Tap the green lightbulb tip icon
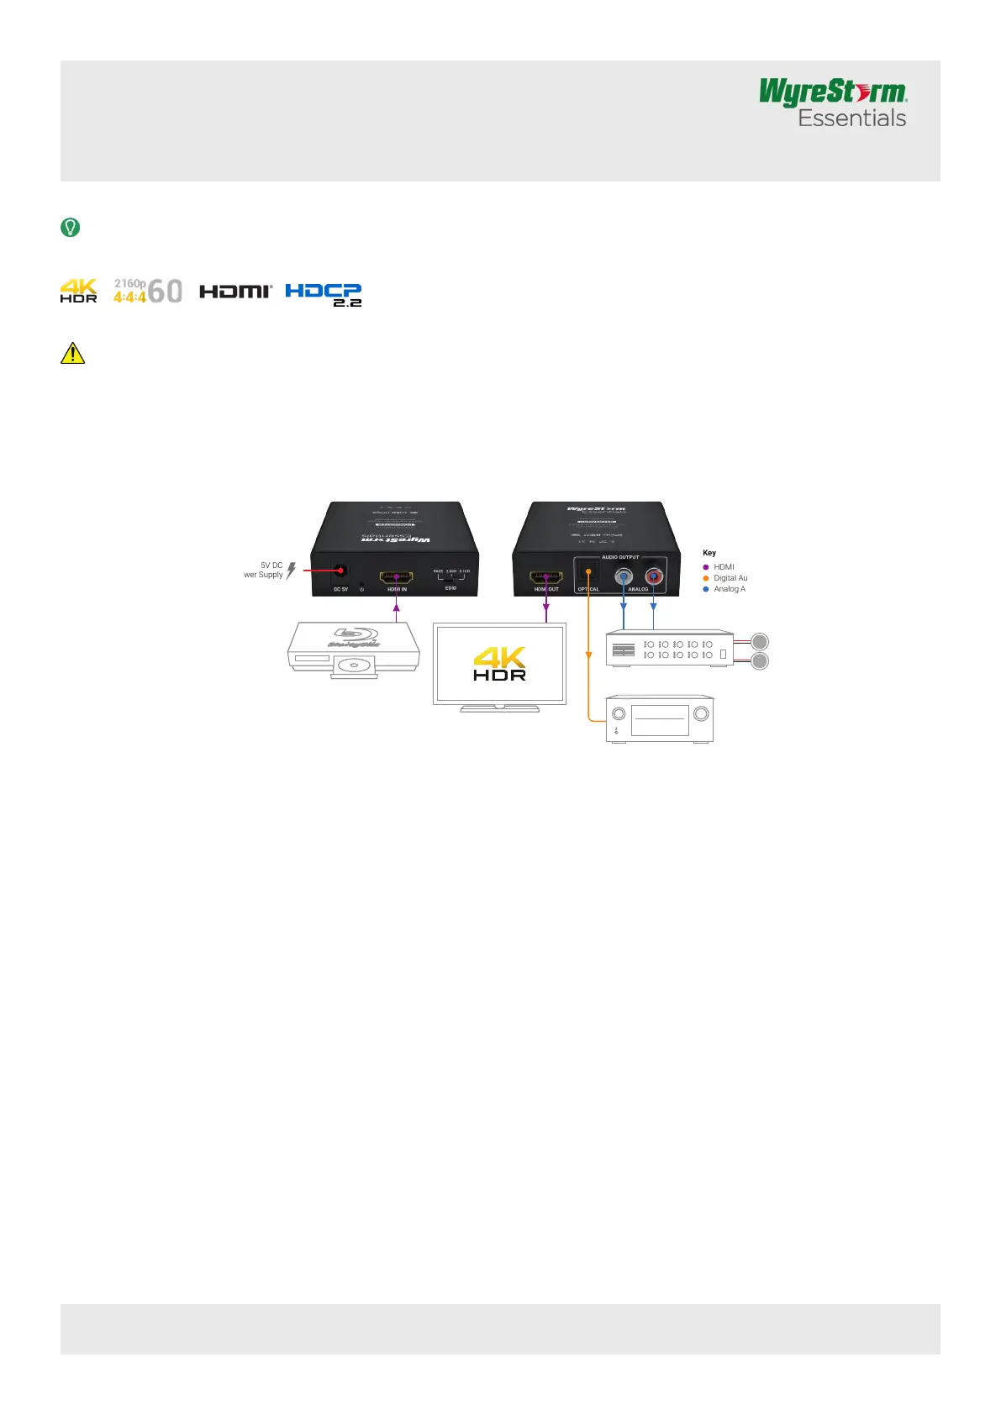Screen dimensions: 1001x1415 pyautogui.click(x=71, y=227)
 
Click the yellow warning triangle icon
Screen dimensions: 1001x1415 pyautogui.click(x=73, y=353)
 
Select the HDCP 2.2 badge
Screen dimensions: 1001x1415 pyautogui.click(x=324, y=293)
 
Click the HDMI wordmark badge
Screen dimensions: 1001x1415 pyautogui.click(x=235, y=291)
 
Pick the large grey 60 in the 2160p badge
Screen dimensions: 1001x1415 pyautogui.click(x=166, y=292)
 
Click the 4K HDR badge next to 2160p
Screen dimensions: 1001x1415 pyautogui.click(x=78, y=291)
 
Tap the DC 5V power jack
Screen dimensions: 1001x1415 pyautogui.click(x=340, y=571)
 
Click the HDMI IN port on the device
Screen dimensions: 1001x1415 pyautogui.click(x=397, y=577)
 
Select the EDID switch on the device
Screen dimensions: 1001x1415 pyautogui.click(x=451, y=577)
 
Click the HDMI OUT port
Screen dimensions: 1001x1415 pyautogui.click(x=546, y=577)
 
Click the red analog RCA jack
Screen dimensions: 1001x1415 pyautogui.click(x=653, y=576)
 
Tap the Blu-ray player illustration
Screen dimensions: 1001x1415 pyautogui.click(x=354, y=650)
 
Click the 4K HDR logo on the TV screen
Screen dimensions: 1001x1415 pyautogui.click(x=499, y=663)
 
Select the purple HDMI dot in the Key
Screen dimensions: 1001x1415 pyautogui.click(x=706, y=567)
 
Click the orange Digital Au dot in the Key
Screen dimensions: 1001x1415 pyautogui.click(x=706, y=578)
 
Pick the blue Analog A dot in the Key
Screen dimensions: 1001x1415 pyautogui.click(x=706, y=589)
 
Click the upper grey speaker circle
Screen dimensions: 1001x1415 pyautogui.click(x=760, y=641)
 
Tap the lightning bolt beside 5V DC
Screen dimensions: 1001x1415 pyautogui.click(x=291, y=571)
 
